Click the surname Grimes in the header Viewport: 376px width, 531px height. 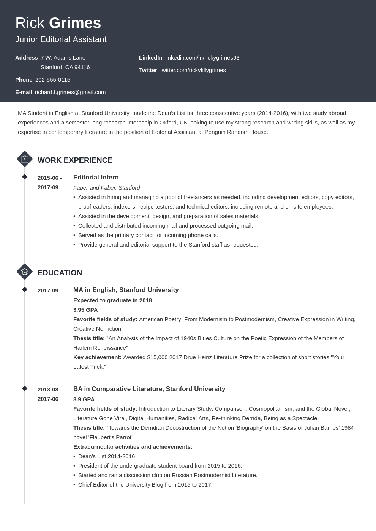tap(75, 23)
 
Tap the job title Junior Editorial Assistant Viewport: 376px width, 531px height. tap(61, 39)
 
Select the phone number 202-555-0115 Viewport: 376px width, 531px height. tap(53, 80)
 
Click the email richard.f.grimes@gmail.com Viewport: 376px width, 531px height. tap(70, 92)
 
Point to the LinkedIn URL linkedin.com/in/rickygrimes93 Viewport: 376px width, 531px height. tap(202, 58)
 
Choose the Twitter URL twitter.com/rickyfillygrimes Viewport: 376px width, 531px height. tap(193, 70)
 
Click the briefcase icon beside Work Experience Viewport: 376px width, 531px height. tap(25, 159)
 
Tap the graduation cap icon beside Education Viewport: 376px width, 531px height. tap(25, 272)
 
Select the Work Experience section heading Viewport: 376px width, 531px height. tap(75, 160)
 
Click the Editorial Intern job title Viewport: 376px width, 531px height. tap(96, 178)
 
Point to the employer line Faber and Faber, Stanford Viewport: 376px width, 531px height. tap(106, 188)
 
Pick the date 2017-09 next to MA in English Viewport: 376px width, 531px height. tap(48, 291)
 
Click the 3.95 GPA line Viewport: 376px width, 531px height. tap(85, 310)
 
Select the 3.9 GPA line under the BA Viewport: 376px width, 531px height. tap(84, 399)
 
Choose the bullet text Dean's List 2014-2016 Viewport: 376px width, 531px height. tap(106, 456)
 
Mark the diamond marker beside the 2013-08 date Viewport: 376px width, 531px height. tap(25, 388)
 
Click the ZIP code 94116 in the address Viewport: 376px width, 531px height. tap(82, 67)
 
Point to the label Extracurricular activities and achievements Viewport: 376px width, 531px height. tap(133, 447)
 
